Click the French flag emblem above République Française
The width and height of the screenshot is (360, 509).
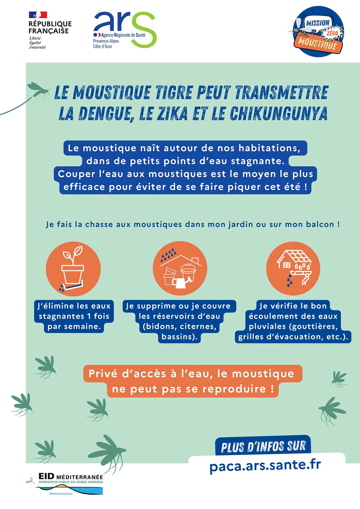click(38, 15)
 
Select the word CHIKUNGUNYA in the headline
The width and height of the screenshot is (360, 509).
click(278, 113)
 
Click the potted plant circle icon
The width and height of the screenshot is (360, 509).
click(73, 269)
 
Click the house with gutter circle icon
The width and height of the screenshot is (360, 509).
click(293, 268)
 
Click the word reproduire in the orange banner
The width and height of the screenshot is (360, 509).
click(234, 389)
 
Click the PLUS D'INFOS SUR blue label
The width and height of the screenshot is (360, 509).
click(263, 446)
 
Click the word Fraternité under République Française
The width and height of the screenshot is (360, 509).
click(37, 47)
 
